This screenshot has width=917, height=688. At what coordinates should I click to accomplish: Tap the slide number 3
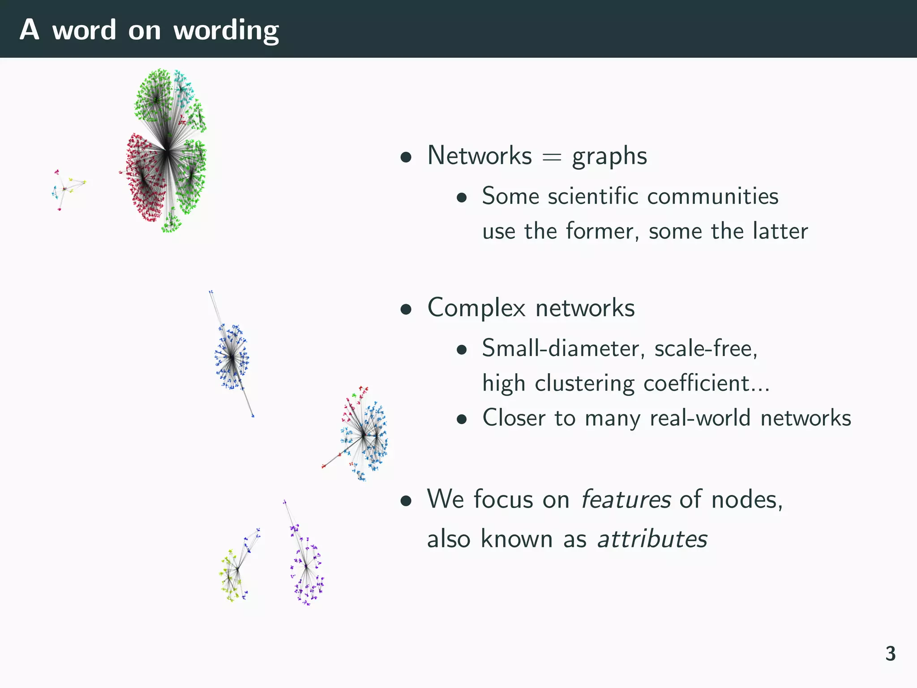tap(890, 654)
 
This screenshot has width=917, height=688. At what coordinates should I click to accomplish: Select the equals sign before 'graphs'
tap(552, 157)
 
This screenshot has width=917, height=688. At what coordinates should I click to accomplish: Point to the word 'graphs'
tap(609, 157)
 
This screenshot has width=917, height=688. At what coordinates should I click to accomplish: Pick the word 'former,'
tap(603, 231)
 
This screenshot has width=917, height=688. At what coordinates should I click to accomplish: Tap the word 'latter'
tap(780, 231)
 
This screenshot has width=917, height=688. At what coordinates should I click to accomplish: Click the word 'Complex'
tap(476, 308)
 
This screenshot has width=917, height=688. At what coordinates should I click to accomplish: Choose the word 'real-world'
tap(700, 418)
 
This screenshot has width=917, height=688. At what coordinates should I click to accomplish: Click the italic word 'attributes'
tap(652, 538)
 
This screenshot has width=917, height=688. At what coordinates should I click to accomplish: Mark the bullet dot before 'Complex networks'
tap(406, 309)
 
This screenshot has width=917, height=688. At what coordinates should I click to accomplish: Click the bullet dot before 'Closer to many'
tap(462, 420)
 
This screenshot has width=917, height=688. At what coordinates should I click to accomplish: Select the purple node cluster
tap(307, 569)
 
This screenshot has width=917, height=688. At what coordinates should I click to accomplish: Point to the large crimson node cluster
tap(143, 179)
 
